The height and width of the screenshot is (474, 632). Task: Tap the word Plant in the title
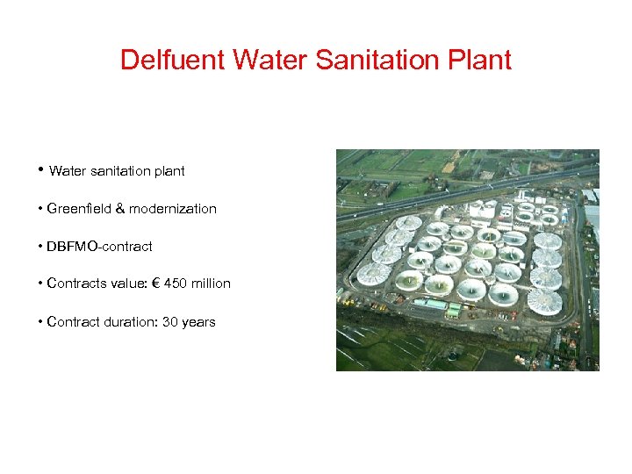pos(478,61)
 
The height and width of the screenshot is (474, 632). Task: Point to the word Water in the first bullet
pos(66,171)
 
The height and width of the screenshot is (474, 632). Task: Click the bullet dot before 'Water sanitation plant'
pos(41,169)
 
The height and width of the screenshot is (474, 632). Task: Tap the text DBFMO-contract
pos(99,247)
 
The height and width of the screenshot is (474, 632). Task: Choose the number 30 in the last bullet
pos(169,322)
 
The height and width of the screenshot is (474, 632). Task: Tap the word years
pos(198,322)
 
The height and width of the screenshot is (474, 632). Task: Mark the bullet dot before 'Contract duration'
pos(41,322)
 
